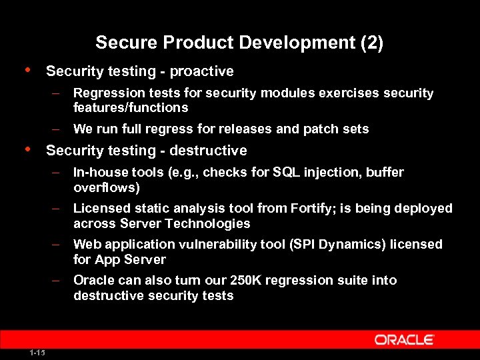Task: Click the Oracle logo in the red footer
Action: coord(405,340)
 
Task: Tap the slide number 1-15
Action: coord(37,352)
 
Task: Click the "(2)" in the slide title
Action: coord(371,43)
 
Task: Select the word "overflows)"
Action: coord(107,187)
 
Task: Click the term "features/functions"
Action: coord(131,108)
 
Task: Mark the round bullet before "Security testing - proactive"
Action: coord(27,70)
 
